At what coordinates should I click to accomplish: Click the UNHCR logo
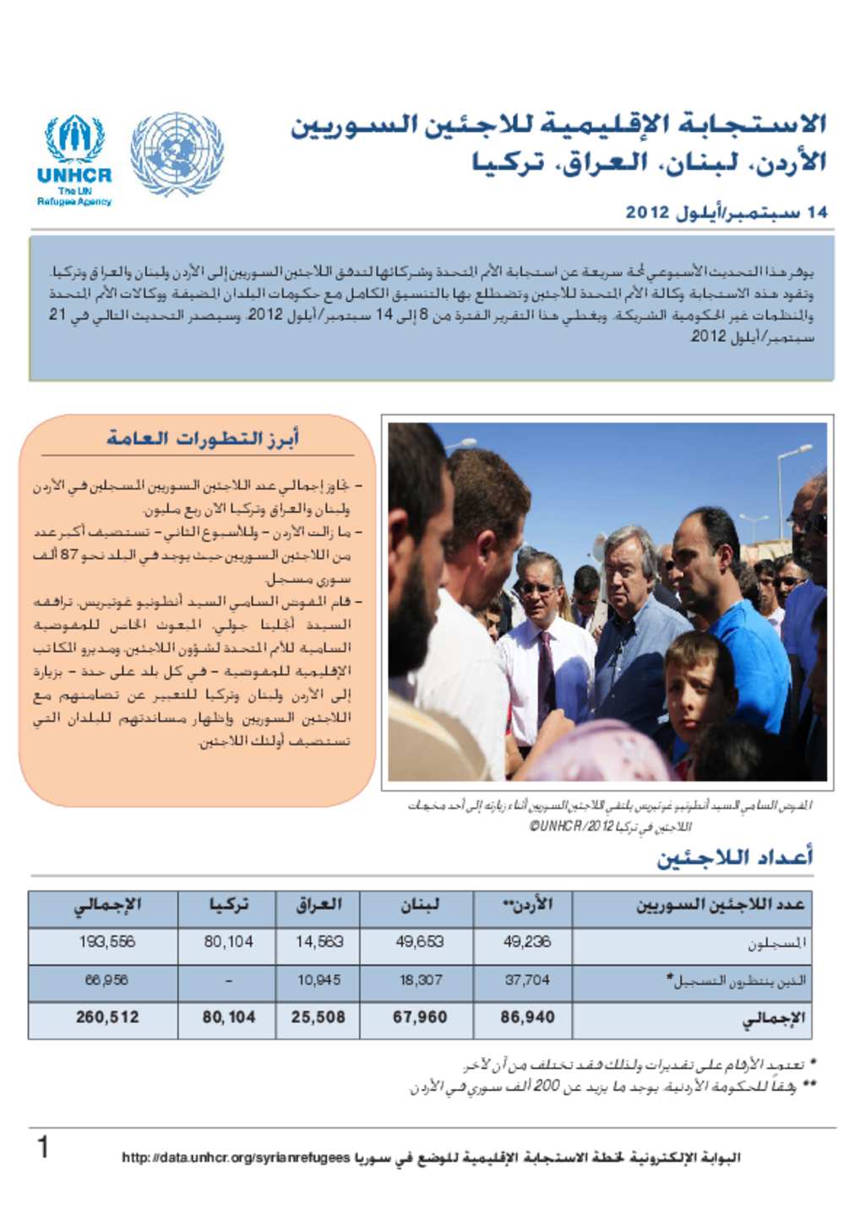(x=74, y=160)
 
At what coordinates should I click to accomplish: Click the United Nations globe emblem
(x=177, y=154)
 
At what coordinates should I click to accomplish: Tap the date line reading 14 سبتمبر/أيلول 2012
(x=726, y=212)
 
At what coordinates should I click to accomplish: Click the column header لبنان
(x=419, y=906)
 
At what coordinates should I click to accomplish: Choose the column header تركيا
(x=228, y=906)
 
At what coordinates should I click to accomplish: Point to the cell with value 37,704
(x=526, y=980)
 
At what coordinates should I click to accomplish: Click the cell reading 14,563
(x=318, y=942)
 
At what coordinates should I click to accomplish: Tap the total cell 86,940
(x=526, y=1017)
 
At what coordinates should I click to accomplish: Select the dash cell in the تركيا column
(x=228, y=981)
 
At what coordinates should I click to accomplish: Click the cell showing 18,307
(x=419, y=980)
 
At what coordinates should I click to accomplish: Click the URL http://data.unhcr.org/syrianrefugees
(x=236, y=1158)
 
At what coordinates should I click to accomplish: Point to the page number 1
(x=42, y=1149)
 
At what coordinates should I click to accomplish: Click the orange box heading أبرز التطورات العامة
(x=203, y=438)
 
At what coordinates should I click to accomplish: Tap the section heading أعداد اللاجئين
(x=735, y=858)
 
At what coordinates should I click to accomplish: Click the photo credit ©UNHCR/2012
(x=572, y=826)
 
